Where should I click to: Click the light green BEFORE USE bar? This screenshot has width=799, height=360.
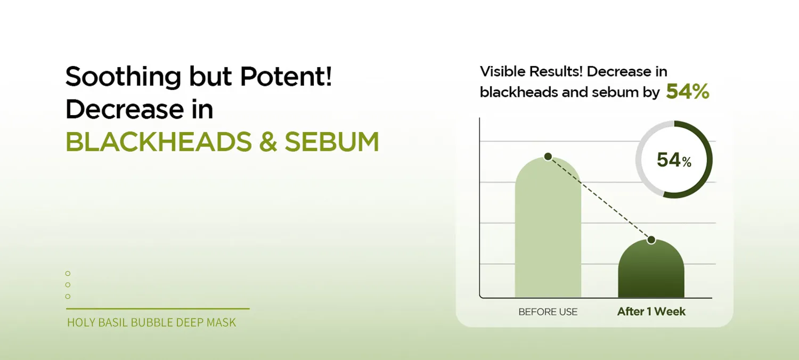click(x=548, y=228)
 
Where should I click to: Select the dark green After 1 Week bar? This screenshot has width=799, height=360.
click(x=651, y=269)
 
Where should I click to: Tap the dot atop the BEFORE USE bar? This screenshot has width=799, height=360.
click(x=548, y=156)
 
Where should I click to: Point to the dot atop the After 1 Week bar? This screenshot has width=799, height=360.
click(x=651, y=240)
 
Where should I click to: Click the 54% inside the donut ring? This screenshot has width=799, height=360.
click(x=674, y=160)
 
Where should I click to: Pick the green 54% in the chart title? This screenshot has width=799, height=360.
click(x=687, y=92)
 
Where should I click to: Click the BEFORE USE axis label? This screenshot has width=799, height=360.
click(x=548, y=312)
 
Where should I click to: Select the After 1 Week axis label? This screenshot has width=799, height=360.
click(x=651, y=312)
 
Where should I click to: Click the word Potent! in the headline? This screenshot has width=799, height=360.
click(x=286, y=76)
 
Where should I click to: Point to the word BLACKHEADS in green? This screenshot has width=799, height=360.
click(x=159, y=142)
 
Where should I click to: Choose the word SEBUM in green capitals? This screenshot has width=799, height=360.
click(x=332, y=142)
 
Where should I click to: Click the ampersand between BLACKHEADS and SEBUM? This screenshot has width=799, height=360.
click(x=268, y=142)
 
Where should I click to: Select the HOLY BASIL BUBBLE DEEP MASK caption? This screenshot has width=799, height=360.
click(x=151, y=323)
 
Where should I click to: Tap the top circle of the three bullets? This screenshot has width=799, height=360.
click(x=68, y=273)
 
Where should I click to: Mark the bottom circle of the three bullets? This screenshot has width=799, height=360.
click(x=68, y=296)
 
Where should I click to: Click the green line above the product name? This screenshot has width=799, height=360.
click(x=158, y=309)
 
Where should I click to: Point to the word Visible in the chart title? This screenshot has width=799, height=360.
click(x=502, y=71)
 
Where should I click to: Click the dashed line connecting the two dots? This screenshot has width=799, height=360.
click(x=600, y=198)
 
